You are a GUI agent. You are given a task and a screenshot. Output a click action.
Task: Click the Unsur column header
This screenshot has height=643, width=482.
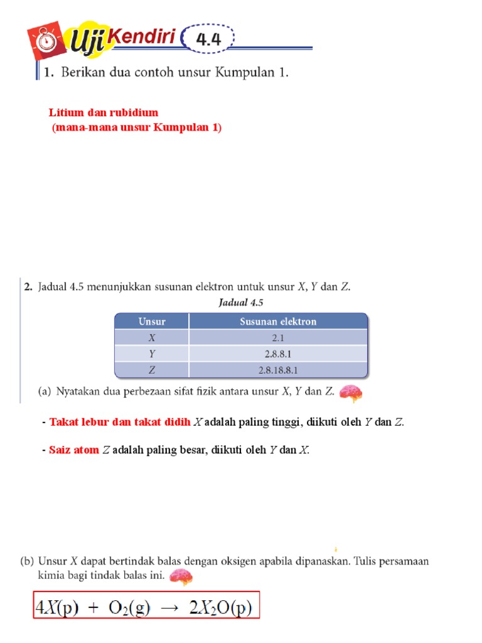[152, 321]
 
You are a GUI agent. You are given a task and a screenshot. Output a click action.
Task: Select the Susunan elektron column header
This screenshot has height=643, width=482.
[278, 321]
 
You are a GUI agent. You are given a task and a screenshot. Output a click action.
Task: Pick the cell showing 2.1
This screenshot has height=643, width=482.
[278, 337]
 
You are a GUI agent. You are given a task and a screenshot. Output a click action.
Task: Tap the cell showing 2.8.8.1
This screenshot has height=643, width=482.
[278, 354]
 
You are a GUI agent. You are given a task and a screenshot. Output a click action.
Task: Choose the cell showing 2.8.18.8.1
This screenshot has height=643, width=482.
[278, 370]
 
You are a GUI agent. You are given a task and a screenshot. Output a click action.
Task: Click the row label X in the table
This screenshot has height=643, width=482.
[152, 337]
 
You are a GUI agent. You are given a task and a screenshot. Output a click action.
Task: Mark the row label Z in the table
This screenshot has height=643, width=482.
[152, 370]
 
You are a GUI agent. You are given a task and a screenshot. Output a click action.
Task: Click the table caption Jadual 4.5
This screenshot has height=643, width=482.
[241, 302]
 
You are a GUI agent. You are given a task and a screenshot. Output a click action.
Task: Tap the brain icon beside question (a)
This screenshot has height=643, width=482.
[350, 393]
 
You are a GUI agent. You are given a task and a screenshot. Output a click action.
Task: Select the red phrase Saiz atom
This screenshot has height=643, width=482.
[74, 450]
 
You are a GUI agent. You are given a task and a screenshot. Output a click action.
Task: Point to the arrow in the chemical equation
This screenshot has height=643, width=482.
[173, 608]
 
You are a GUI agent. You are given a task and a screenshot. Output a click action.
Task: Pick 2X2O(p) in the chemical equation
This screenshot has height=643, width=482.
[220, 608]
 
